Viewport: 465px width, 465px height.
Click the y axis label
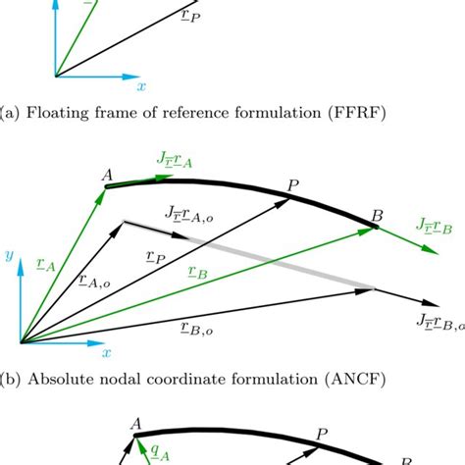point(9,255)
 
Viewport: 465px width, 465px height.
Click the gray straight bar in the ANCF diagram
point(265,255)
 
